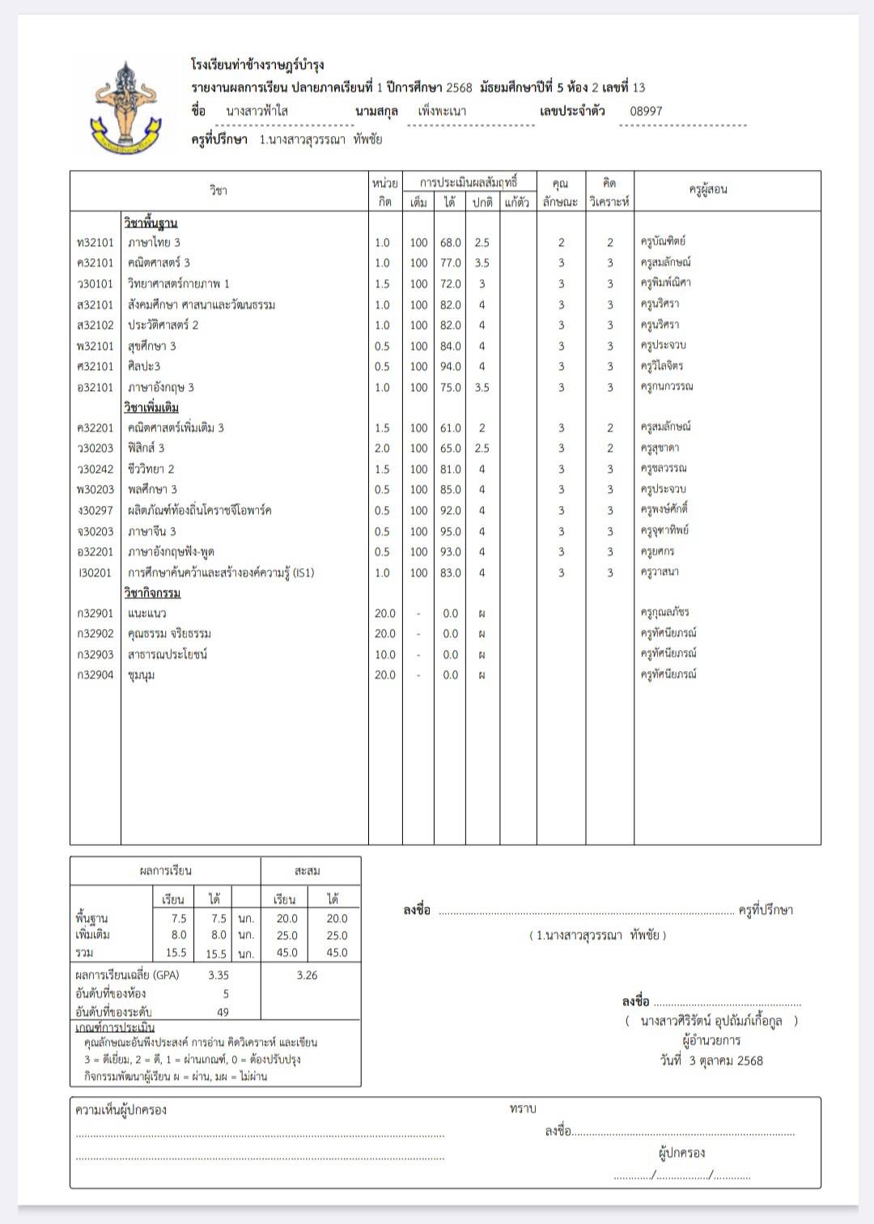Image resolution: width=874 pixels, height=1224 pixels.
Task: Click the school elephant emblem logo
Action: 125,106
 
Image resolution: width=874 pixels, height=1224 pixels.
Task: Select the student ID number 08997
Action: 646,112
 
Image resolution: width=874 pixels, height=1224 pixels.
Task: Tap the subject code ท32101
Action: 95,242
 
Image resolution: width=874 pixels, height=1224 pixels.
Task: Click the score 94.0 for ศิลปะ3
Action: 450,367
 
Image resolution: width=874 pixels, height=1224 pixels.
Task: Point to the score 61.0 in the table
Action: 450,428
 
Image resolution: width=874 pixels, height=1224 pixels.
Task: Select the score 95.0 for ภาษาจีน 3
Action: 450,532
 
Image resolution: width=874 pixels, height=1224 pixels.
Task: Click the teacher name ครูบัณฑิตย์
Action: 663,241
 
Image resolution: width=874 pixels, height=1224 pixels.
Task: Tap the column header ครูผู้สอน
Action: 708,189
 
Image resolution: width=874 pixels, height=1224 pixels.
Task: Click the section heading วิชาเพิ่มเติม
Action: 151,407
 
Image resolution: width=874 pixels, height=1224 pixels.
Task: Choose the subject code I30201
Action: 95,573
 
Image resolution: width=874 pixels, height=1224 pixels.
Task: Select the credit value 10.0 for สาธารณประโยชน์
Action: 385,655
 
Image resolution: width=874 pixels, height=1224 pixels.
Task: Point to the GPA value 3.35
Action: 218,975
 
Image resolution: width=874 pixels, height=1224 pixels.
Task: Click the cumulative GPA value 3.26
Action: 307,975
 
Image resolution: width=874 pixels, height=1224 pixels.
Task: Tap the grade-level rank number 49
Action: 223,1012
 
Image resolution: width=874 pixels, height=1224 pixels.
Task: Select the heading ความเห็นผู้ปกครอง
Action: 121,1110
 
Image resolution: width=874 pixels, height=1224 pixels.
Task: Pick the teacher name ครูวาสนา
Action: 660,572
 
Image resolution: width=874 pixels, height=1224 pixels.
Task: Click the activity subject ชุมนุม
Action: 142,675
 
